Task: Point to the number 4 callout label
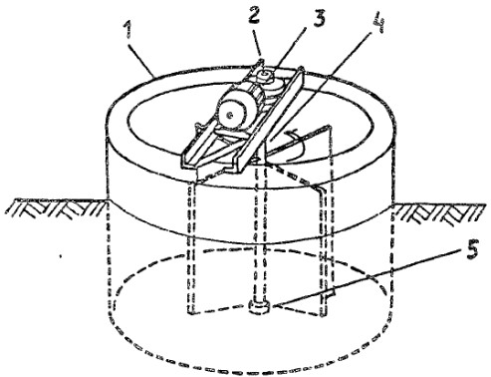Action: click(379, 25)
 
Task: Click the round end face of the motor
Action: click(229, 114)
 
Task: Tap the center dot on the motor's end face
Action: click(229, 115)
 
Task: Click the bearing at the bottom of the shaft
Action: click(260, 306)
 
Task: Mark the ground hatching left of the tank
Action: click(58, 207)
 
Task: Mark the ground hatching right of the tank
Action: click(438, 212)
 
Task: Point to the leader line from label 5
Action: click(367, 277)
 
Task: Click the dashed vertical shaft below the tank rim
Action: click(260, 232)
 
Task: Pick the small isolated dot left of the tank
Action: click(60, 256)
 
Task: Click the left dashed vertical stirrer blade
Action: click(190, 246)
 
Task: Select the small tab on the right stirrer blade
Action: click(329, 293)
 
